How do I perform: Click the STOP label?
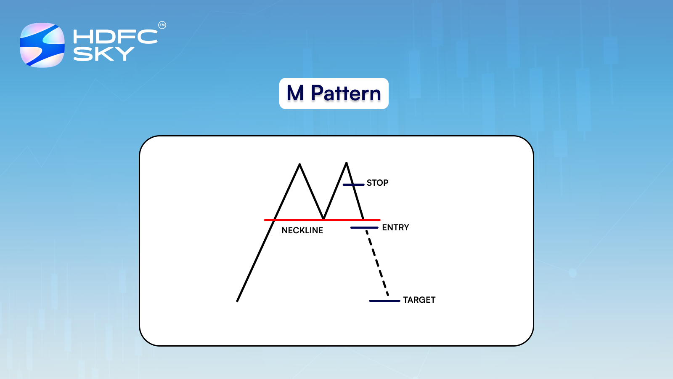point(377,183)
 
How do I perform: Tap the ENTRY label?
point(395,227)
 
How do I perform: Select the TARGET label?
point(419,300)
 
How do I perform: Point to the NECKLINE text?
point(302,230)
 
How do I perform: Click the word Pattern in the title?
point(346,93)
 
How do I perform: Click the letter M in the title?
point(295,93)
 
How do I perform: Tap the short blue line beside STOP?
point(353,184)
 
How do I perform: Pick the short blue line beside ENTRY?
point(364,228)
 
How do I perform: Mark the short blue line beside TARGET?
point(384,301)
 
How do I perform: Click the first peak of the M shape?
point(299,165)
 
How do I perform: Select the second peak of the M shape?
point(346,163)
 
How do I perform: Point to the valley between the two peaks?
point(323,218)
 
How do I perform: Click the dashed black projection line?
point(377,263)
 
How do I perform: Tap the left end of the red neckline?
point(265,220)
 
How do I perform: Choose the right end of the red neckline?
point(379,220)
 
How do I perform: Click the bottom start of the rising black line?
point(238,300)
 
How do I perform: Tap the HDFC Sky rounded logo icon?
point(42,45)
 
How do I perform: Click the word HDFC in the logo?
point(115,37)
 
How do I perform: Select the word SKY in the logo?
point(103,54)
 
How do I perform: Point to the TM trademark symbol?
point(162,25)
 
